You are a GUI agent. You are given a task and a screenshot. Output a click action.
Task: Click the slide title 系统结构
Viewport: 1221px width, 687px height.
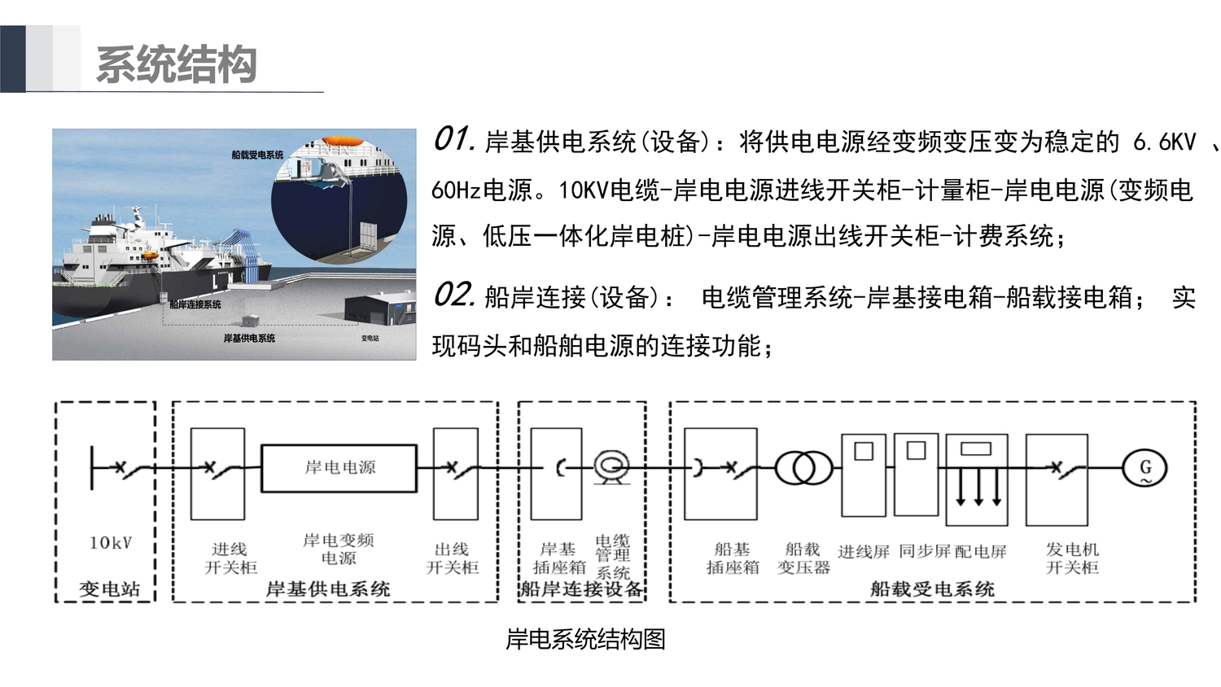point(177,64)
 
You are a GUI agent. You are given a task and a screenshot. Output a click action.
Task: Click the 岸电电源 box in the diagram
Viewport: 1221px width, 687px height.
point(339,468)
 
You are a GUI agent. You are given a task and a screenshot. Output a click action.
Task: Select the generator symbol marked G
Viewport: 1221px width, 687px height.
point(1144,468)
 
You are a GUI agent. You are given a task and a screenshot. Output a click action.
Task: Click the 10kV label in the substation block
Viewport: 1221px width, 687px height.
point(111,543)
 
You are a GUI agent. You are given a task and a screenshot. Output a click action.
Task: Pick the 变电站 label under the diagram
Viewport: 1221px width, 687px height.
point(109,589)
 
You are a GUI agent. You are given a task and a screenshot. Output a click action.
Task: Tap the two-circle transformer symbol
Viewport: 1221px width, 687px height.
point(803,468)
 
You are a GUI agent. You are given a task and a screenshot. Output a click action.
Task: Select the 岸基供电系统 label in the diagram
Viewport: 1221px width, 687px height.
point(328,589)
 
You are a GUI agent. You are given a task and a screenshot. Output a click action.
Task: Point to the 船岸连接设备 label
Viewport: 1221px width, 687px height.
point(582,589)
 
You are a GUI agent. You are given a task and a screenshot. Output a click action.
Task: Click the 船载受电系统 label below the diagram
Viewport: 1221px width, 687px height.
point(932,589)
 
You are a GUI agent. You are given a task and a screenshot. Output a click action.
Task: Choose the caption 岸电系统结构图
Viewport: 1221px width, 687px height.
point(585,640)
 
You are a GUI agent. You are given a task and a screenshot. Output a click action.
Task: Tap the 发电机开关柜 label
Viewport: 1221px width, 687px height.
point(1072,558)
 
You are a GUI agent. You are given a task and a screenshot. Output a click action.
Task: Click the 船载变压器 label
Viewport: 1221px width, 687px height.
point(803,558)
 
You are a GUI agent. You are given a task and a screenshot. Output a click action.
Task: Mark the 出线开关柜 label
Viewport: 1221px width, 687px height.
point(453,558)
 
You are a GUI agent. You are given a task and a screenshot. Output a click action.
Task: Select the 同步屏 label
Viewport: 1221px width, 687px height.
point(925,551)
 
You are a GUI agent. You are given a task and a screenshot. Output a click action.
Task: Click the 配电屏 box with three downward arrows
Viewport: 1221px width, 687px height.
point(977,479)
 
